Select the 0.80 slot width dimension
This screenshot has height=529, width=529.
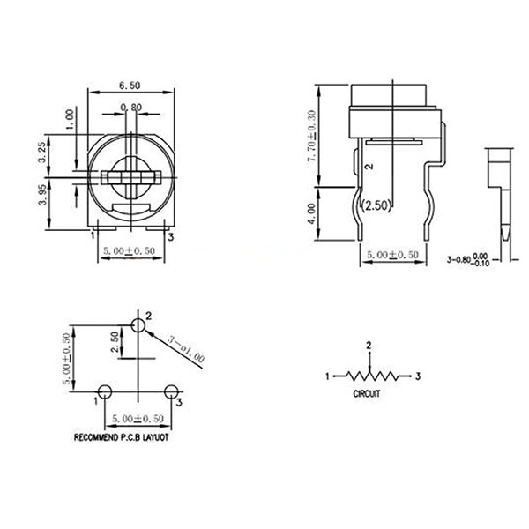click(x=130, y=108)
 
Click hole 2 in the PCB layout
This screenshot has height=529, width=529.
click(x=138, y=325)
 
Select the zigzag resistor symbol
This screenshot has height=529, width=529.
click(x=369, y=376)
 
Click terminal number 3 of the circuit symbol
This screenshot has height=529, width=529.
click(x=418, y=376)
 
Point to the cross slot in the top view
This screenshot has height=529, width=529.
click(x=130, y=176)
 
